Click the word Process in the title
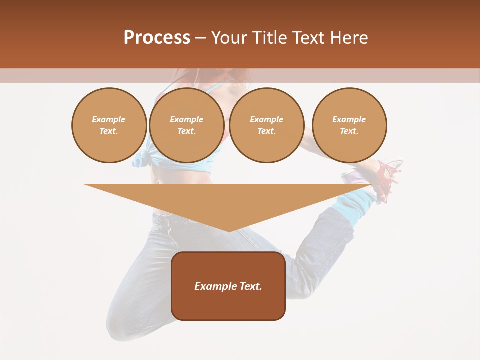[x=157, y=38]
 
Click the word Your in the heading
[x=229, y=38]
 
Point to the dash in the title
[x=200, y=38]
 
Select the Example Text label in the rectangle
[x=228, y=286]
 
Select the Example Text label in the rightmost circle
[x=349, y=125]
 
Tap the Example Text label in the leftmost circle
[x=109, y=125]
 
